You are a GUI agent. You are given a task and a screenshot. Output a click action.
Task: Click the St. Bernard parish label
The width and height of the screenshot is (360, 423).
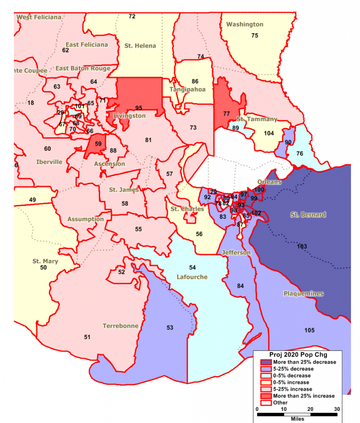[x=308, y=215]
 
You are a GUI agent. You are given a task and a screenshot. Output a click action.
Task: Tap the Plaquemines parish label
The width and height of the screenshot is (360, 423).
[x=303, y=294]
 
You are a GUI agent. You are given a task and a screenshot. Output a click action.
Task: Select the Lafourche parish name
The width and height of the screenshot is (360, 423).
[x=192, y=277]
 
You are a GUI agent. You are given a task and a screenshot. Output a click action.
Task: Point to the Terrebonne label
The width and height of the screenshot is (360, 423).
[x=121, y=326]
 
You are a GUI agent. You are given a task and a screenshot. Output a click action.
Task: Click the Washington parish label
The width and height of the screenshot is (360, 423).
[x=244, y=25]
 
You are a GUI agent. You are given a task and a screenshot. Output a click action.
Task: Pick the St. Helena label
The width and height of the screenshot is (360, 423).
[x=140, y=46]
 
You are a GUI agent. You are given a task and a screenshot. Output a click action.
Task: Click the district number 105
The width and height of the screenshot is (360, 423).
[x=309, y=330]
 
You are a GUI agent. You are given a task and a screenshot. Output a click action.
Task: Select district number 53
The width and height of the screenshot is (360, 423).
[x=170, y=328]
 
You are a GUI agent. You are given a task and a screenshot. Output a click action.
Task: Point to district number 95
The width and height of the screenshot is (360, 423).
[x=139, y=108]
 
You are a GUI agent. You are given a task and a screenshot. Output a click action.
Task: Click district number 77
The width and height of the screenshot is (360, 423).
[x=226, y=113]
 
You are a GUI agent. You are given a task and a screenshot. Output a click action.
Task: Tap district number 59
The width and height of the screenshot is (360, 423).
[x=98, y=144]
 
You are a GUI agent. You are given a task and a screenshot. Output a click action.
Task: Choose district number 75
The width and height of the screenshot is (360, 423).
[x=255, y=36]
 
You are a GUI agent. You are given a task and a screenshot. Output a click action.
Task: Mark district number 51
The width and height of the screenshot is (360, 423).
[x=87, y=337]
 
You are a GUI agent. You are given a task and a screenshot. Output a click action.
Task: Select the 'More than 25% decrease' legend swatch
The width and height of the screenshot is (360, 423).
[x=263, y=362]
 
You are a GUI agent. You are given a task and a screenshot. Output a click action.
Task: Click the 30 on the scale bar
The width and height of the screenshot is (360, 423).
[x=337, y=409]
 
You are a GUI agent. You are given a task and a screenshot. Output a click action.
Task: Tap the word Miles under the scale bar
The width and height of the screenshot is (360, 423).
[x=297, y=418]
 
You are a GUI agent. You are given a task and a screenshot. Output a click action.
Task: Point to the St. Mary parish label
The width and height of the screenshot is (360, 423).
[x=45, y=261]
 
